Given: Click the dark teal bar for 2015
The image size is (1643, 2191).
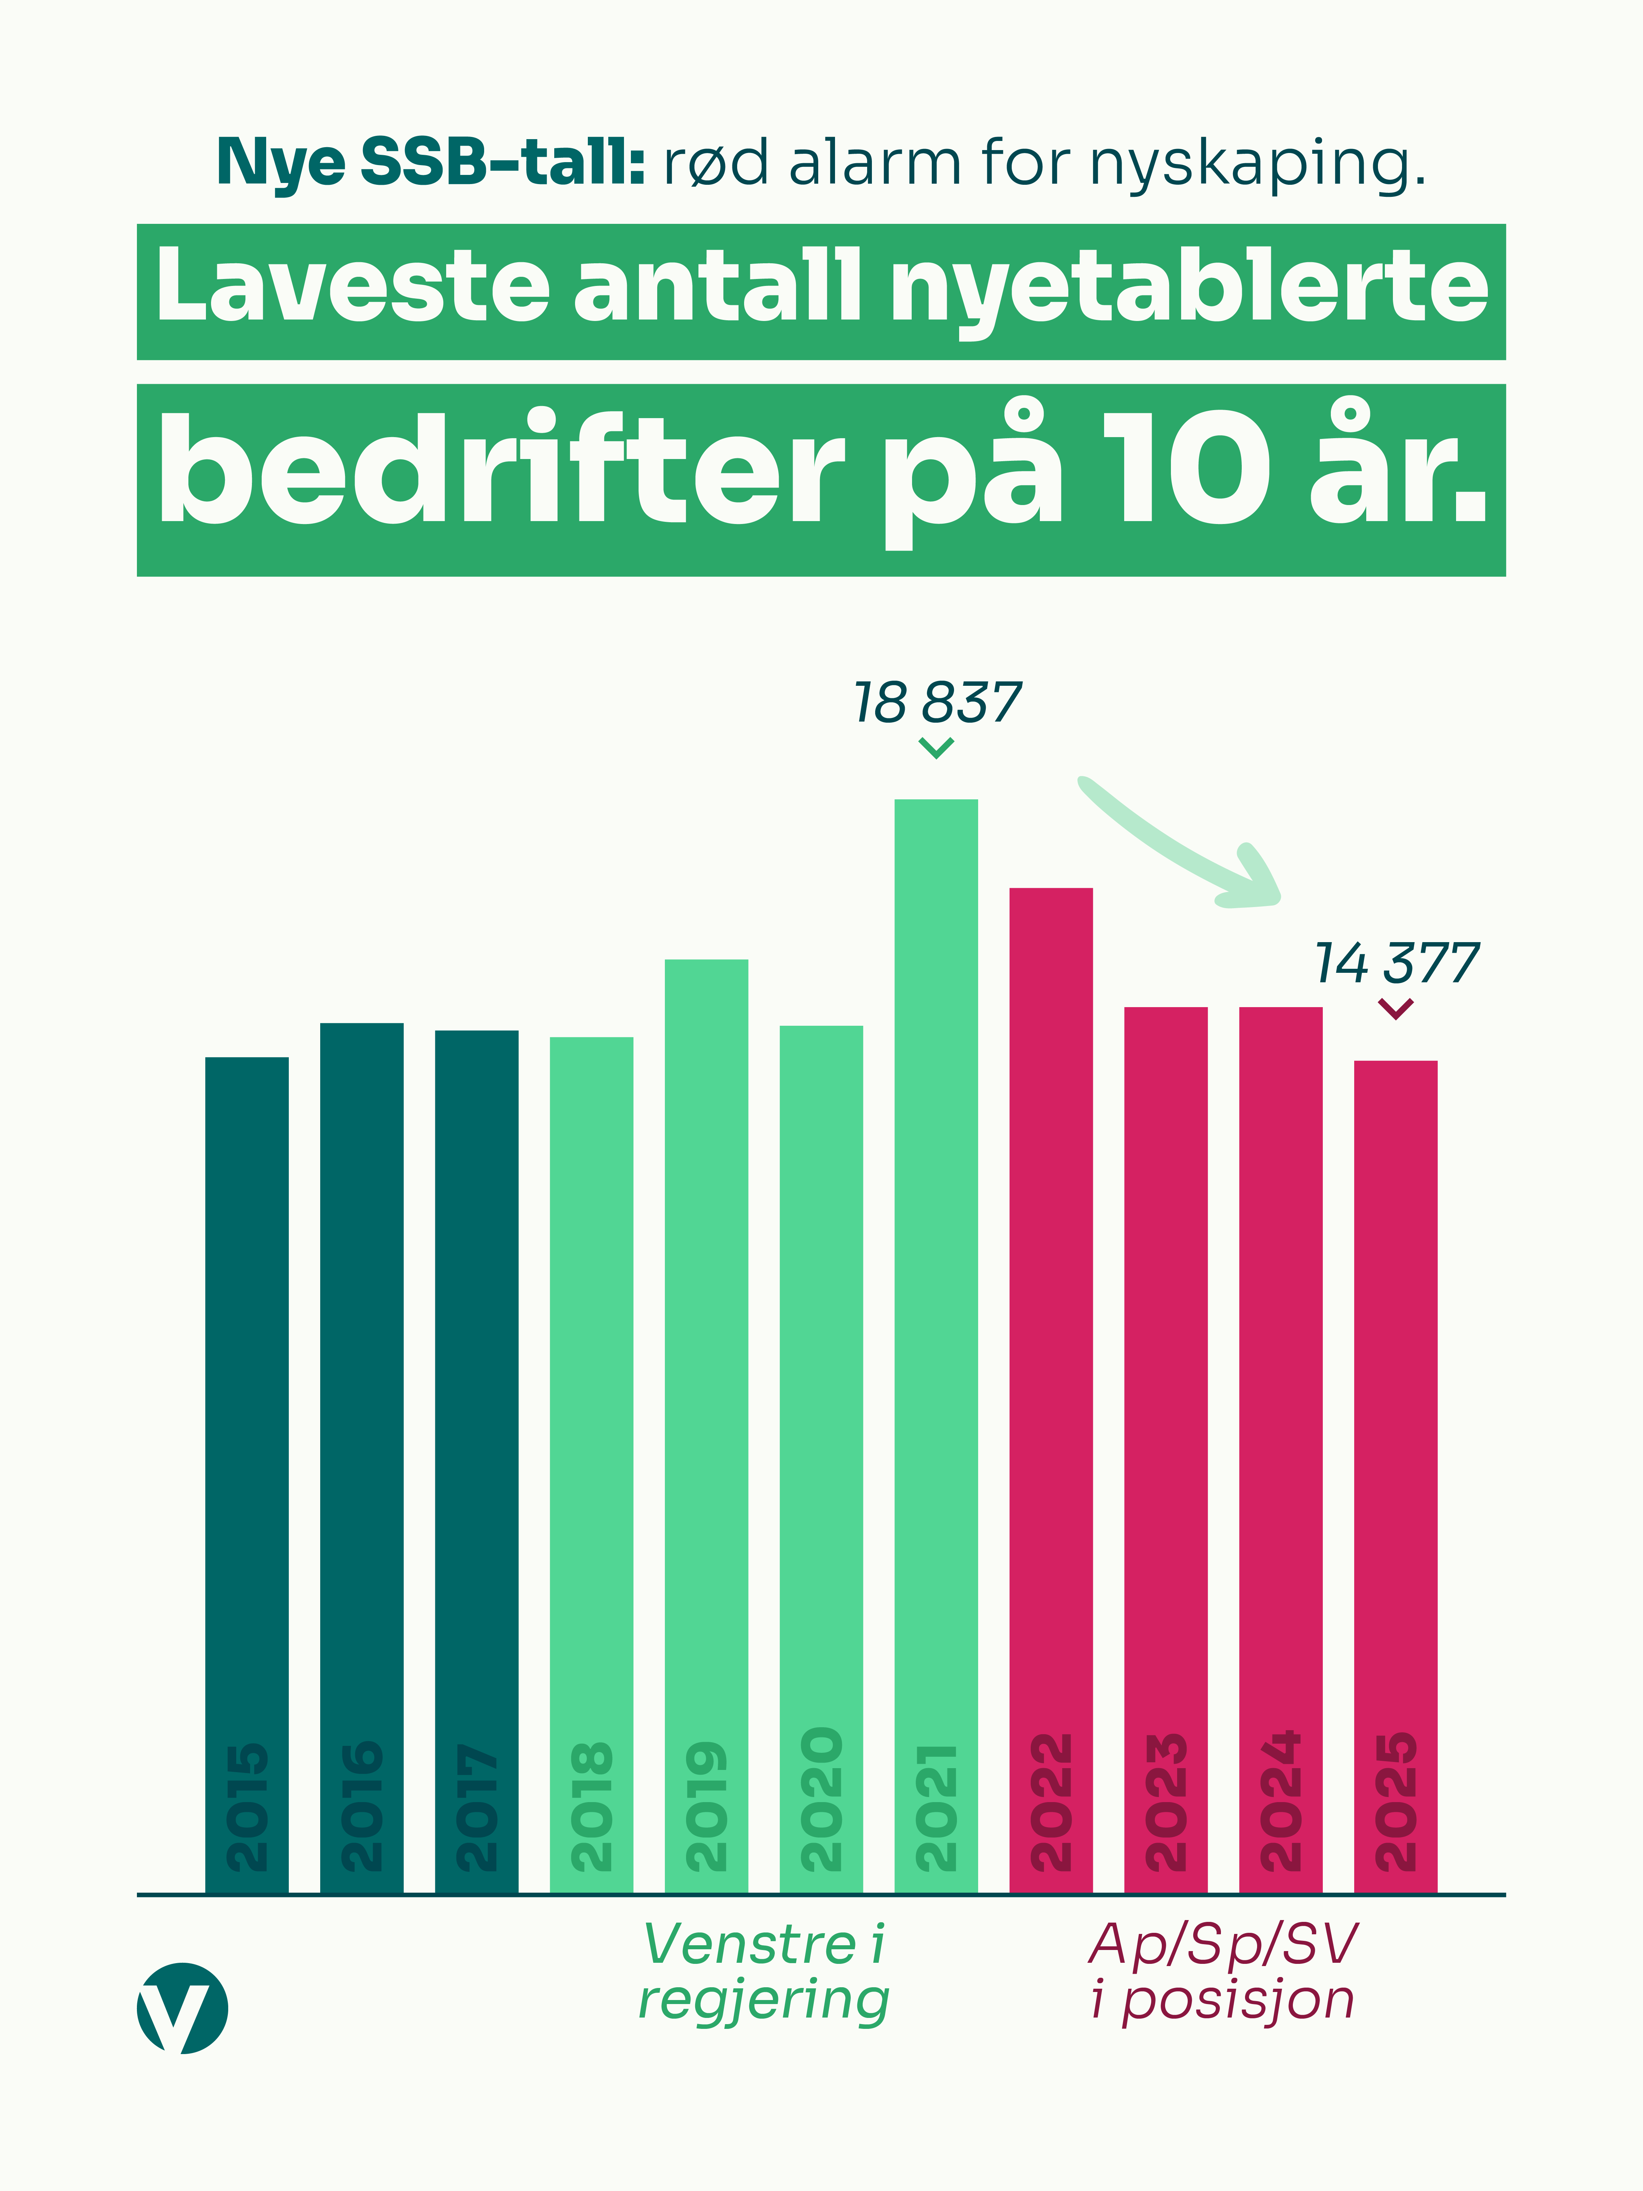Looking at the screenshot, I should point(246,1387).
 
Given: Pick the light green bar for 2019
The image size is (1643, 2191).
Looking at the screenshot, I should point(706,1337).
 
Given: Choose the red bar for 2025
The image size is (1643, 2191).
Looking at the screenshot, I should point(1395,1387).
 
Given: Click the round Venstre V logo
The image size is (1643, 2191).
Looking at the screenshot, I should point(182,2008).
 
